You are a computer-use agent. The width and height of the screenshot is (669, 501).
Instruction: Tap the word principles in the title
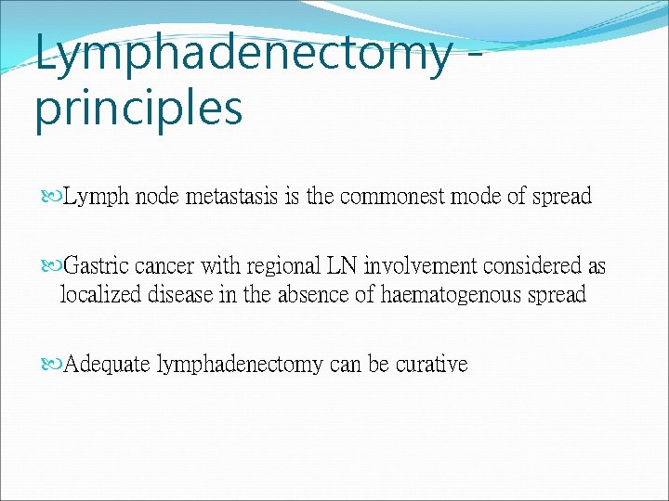[138, 108]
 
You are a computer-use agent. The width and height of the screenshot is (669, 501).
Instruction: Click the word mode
[477, 198]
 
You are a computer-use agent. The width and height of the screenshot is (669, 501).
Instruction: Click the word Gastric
[97, 267]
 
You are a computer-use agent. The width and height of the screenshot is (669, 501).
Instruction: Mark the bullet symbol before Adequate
[52, 365]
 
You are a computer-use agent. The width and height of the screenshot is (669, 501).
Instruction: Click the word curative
[432, 365]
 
